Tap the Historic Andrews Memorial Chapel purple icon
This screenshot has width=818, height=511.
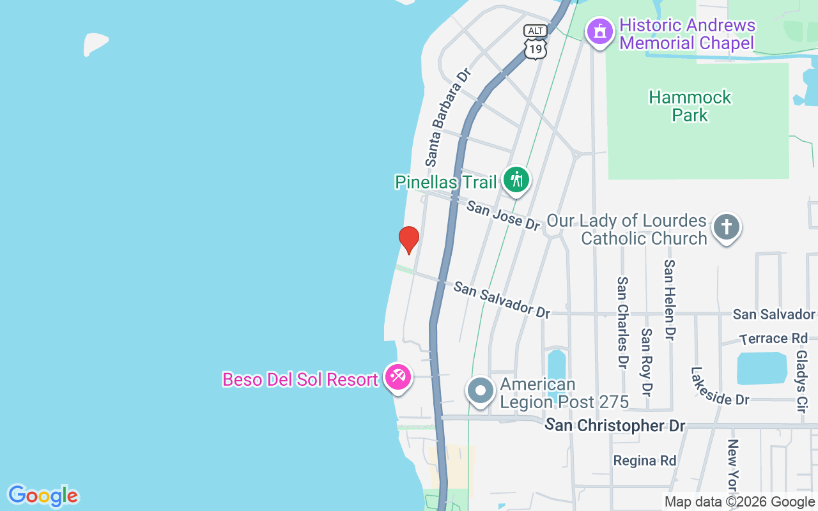click(x=600, y=31)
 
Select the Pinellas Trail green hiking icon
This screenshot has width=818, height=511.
click(x=516, y=179)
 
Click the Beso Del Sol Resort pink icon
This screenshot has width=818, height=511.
click(x=398, y=376)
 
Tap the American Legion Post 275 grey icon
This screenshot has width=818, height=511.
click(x=480, y=390)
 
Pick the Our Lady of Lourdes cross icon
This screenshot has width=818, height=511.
click(x=727, y=227)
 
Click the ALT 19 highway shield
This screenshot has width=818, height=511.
click(x=535, y=42)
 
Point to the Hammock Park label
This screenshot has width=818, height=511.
click(x=690, y=106)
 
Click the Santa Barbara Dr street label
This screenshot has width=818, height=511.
click(x=447, y=115)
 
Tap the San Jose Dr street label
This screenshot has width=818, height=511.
click(x=504, y=215)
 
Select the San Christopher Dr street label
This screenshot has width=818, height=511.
click(x=616, y=425)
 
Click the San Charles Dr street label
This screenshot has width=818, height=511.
click(x=622, y=323)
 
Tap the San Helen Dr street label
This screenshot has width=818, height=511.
click(x=670, y=299)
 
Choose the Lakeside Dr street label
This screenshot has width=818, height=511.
click(x=720, y=386)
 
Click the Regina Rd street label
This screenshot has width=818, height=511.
click(x=645, y=461)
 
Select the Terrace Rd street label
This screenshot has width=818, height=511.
click(x=773, y=339)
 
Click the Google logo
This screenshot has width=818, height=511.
click(x=43, y=496)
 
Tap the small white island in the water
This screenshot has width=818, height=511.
click(x=95, y=43)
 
